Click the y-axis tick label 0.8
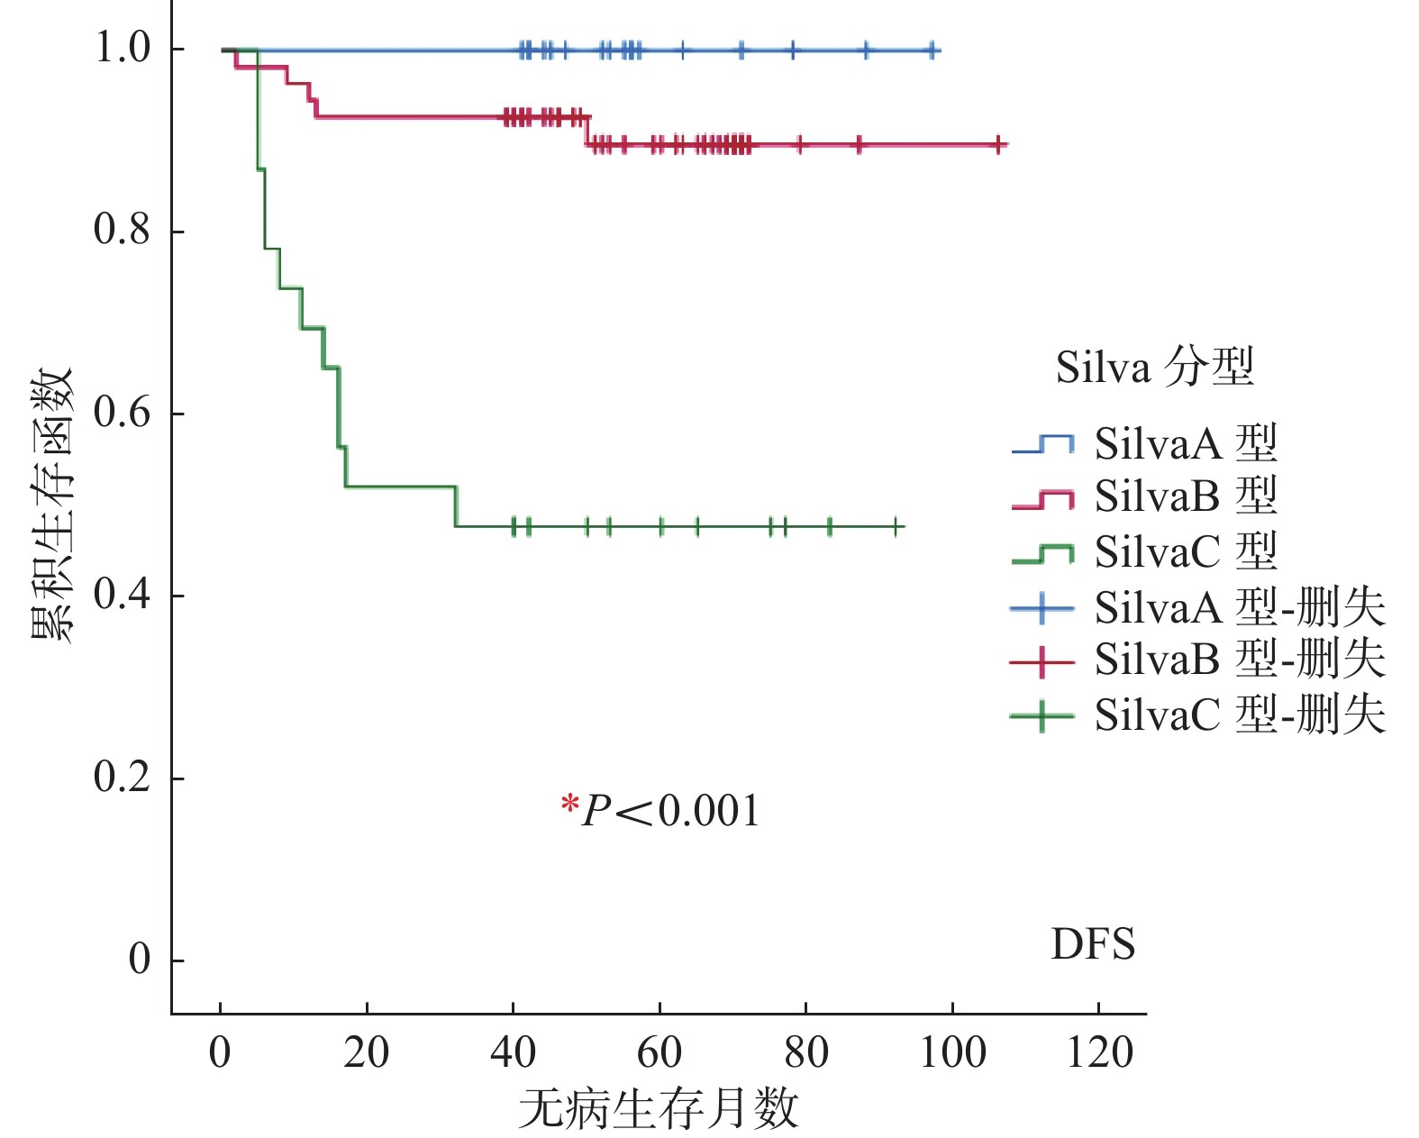[122, 231]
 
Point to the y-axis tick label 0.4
[122, 596]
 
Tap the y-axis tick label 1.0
[122, 49]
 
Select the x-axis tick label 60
[659, 1053]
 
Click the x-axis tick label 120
[1099, 1053]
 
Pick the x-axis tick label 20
[367, 1053]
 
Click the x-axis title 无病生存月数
[659, 1108]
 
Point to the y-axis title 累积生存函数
[51, 504]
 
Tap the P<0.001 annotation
[670, 811]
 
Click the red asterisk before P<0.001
[569, 804]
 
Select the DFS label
[1092, 945]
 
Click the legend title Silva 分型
[1154, 368]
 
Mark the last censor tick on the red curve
[998, 144]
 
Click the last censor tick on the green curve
[896, 526]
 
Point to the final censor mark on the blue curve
[933, 50]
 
